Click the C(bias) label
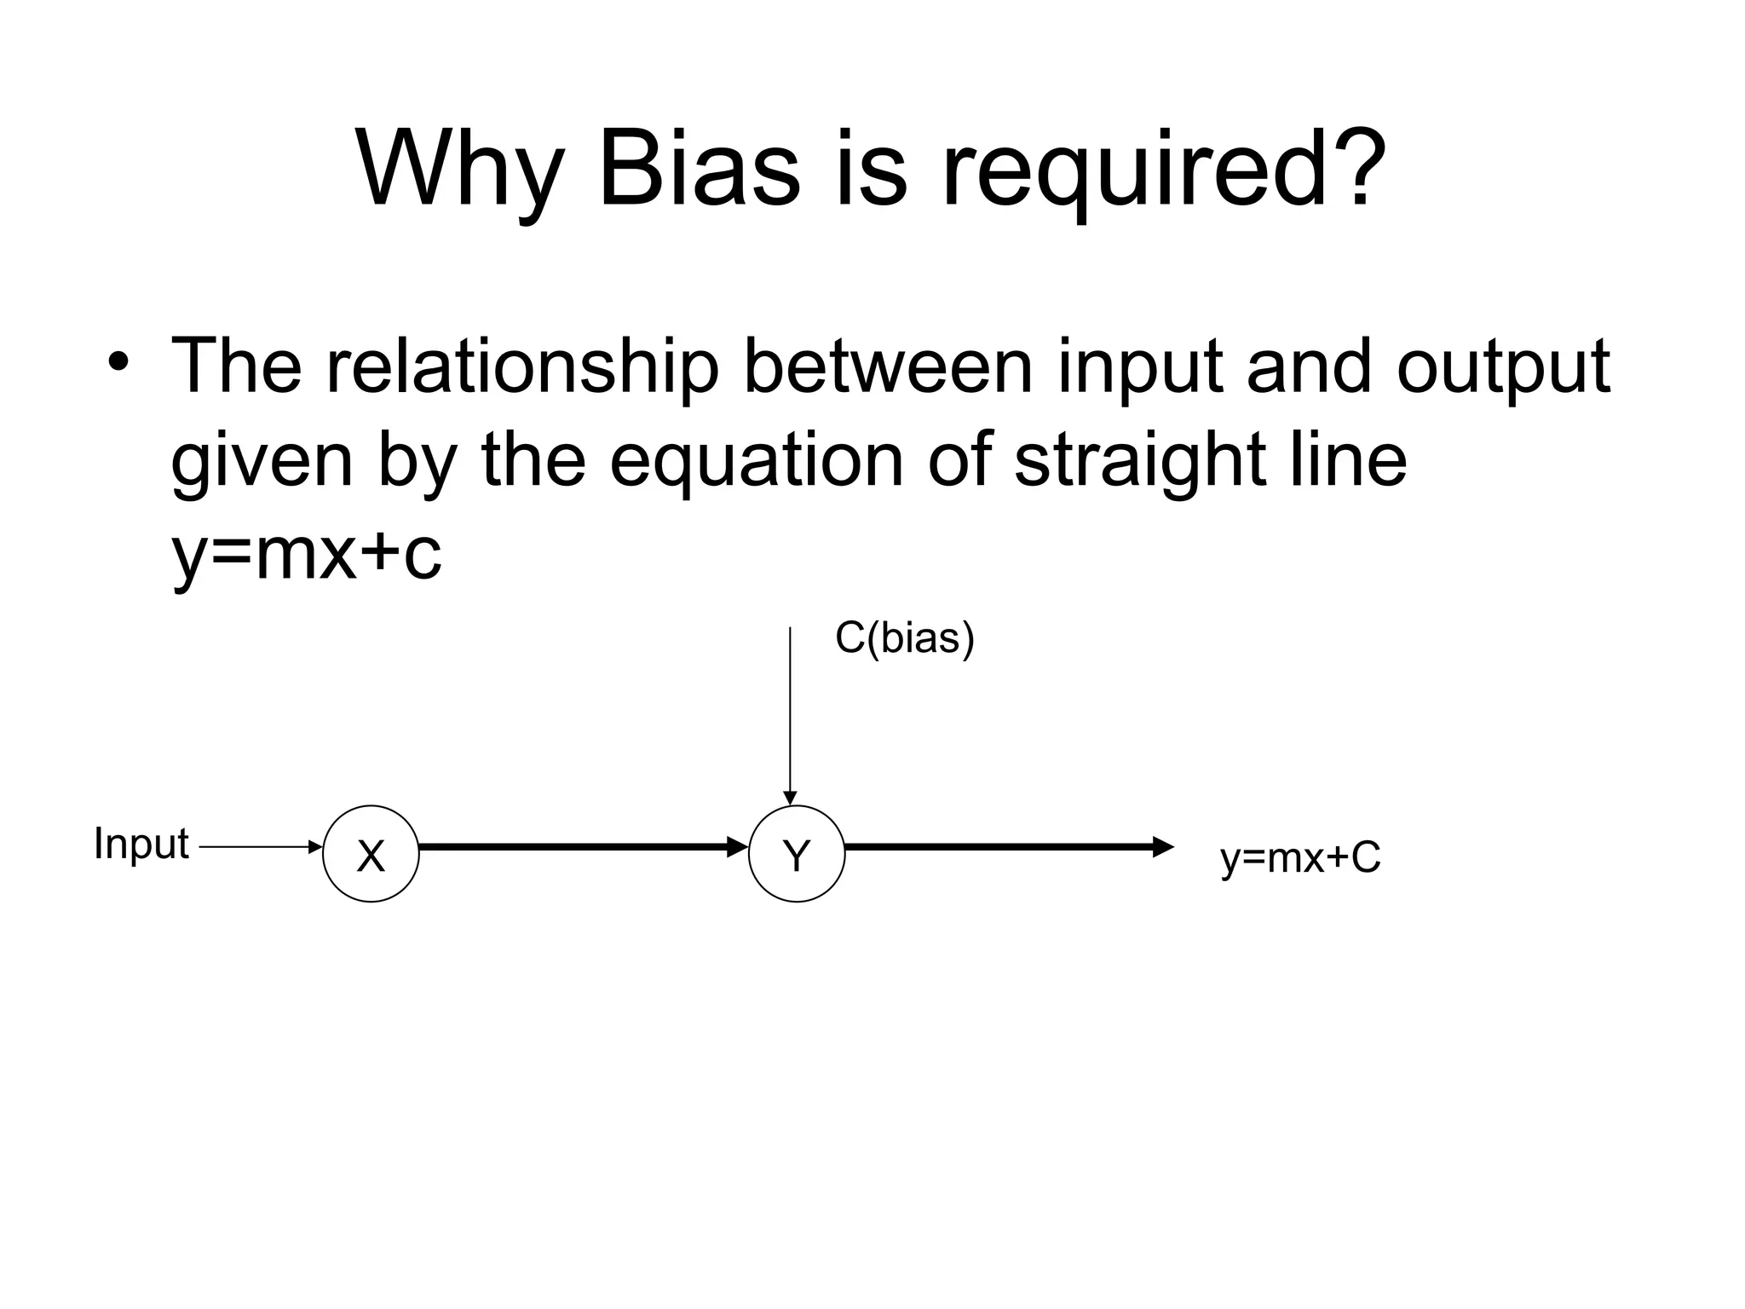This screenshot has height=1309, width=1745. pos(904,637)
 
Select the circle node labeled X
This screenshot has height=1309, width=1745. pos(371,854)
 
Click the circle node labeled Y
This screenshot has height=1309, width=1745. pos(796,854)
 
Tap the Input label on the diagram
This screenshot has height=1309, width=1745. pos(141,845)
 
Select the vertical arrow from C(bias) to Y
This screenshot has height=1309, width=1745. pos(790,716)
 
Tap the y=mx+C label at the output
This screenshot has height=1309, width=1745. pos(1299,859)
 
